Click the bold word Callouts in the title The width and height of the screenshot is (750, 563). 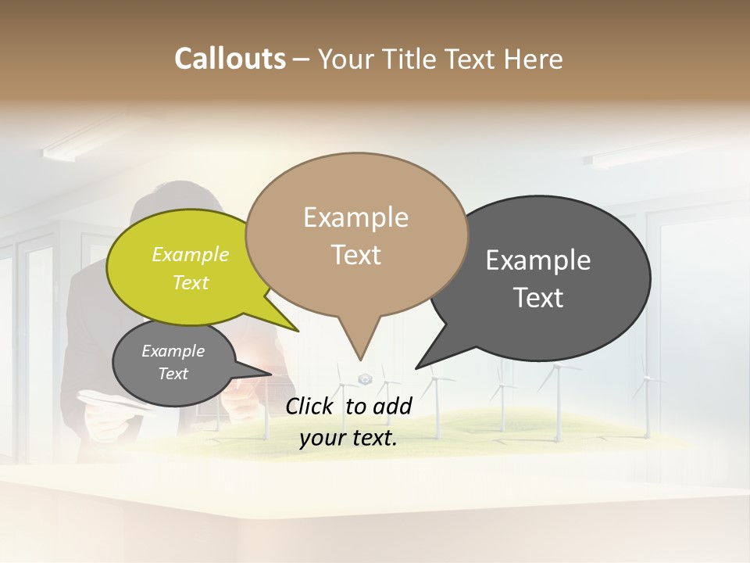pos(230,59)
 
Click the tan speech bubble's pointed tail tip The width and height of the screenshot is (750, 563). pos(360,359)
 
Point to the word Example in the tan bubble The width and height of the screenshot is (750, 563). pos(355,217)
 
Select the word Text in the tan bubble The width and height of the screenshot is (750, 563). pos(355,254)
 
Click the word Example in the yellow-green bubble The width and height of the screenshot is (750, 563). pos(191,254)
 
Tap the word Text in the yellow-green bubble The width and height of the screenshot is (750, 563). pos(191,282)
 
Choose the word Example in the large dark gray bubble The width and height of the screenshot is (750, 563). pos(538,260)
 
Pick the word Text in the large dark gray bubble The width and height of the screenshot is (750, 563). pos(538,297)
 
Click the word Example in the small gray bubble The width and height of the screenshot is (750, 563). pos(173,351)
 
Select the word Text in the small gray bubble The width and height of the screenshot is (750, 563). pos(173,374)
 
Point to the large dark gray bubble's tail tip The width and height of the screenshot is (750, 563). pos(417,367)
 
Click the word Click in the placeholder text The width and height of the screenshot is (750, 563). pos(312,406)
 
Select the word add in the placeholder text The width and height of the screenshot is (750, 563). pos(393,406)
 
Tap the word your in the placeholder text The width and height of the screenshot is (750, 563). pos(321,438)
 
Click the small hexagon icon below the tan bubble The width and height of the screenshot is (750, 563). pos(365,379)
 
